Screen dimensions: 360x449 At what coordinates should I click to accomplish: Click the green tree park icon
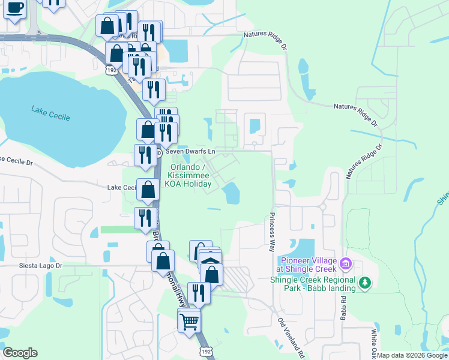click(364, 281)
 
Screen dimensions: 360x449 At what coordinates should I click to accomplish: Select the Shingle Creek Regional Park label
click(313, 284)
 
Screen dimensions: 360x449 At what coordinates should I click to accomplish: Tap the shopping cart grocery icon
click(189, 322)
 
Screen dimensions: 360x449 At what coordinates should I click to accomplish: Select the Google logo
click(20, 353)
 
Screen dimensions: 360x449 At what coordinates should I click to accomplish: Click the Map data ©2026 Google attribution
click(412, 356)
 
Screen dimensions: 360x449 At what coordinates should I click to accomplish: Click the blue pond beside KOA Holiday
click(231, 193)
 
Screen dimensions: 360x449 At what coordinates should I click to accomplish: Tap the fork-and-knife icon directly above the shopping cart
click(198, 293)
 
